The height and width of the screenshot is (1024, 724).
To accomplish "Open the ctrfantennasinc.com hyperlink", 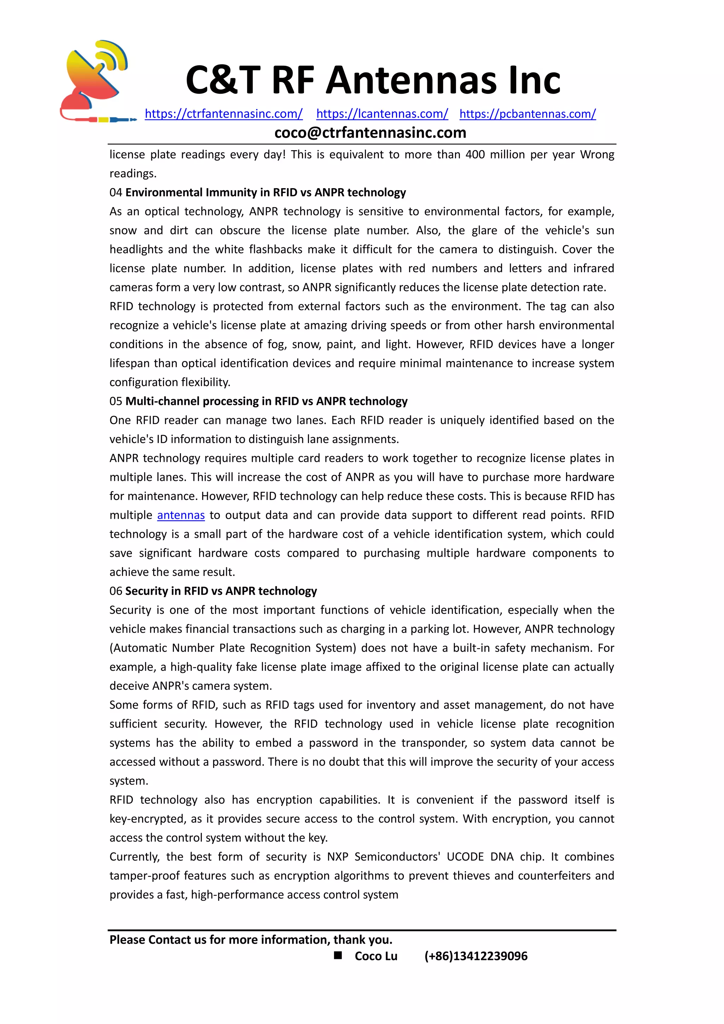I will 223,114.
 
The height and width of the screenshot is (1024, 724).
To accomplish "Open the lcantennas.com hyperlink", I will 382,114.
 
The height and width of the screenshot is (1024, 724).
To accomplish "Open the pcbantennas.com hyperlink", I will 527,114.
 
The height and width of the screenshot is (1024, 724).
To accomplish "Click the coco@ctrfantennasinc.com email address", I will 370,133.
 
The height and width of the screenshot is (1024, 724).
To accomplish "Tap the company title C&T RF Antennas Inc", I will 373,80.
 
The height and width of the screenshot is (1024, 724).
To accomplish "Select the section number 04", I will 116,193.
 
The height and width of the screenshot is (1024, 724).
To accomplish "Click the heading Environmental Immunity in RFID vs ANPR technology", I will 266,193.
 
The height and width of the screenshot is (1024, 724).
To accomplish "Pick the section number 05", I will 116,401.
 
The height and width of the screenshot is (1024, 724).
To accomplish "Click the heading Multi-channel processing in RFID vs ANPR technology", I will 267,401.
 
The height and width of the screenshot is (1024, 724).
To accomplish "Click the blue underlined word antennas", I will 181,515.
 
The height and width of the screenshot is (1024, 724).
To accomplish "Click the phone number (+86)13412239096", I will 476,956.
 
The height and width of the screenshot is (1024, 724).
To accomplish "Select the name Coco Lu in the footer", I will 376,956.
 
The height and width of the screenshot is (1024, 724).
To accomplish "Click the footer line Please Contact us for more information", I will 251,940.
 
